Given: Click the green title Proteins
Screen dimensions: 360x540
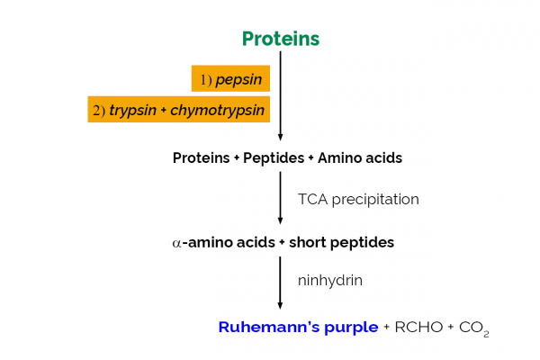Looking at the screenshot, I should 280,39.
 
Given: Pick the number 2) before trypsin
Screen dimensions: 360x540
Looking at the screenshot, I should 99,110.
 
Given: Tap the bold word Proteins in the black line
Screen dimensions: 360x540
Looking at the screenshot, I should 201,158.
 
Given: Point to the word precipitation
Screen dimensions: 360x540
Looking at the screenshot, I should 376,199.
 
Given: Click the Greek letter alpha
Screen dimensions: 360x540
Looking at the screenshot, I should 177,243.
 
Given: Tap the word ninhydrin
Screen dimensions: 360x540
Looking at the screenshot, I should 330,281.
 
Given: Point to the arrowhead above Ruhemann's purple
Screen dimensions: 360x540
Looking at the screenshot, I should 280,306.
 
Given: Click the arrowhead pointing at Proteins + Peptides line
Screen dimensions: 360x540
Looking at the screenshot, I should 280,136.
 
